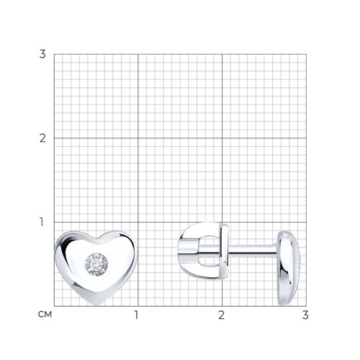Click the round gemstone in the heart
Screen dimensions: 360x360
(96, 264)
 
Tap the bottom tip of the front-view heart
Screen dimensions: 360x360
(96, 305)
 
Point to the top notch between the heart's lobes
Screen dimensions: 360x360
(96, 239)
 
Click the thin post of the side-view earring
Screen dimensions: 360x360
(252, 250)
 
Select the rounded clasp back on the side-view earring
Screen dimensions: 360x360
(203, 251)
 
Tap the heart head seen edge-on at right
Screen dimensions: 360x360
(288, 268)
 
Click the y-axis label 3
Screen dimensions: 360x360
(42, 54)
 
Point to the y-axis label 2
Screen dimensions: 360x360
(42, 138)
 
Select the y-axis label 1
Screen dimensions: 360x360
(42, 222)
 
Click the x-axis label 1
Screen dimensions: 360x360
(136, 315)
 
